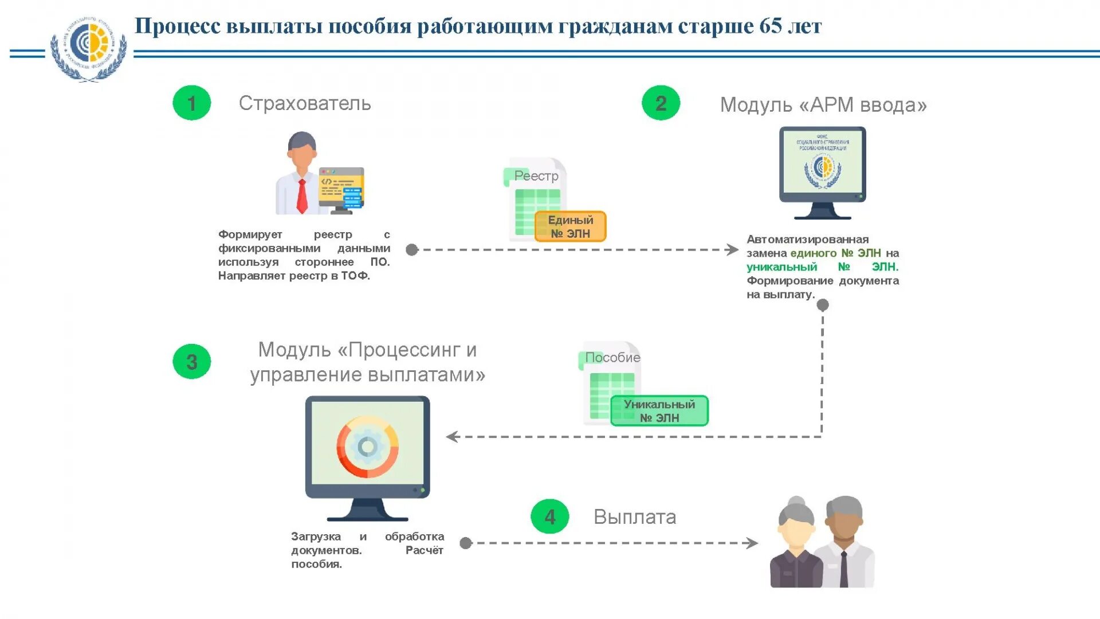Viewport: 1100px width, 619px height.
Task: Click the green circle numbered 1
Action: click(192, 103)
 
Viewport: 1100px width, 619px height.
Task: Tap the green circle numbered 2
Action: click(661, 103)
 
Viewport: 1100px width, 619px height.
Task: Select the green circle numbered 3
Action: click(192, 362)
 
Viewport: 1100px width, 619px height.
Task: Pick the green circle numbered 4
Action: click(549, 517)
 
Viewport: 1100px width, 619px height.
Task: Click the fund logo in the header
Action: click(88, 49)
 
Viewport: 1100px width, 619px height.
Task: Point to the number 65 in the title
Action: click(770, 26)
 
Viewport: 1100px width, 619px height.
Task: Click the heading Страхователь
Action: click(305, 104)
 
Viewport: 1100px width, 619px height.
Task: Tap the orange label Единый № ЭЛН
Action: click(570, 227)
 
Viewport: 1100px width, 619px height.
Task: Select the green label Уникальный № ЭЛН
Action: click(659, 411)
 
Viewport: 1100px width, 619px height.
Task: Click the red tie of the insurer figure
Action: click(302, 195)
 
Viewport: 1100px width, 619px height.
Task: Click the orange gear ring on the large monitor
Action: click(367, 446)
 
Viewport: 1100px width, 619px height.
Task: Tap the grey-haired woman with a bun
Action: click(797, 544)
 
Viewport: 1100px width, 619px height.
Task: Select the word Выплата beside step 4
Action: click(635, 517)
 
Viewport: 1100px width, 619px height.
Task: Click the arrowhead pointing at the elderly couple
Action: click(752, 543)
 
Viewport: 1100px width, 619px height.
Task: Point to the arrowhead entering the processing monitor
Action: click(452, 437)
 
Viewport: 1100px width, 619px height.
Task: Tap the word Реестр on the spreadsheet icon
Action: click(536, 176)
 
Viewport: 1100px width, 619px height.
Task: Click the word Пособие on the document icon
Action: click(612, 358)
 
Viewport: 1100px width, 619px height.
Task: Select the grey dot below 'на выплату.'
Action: click(823, 305)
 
